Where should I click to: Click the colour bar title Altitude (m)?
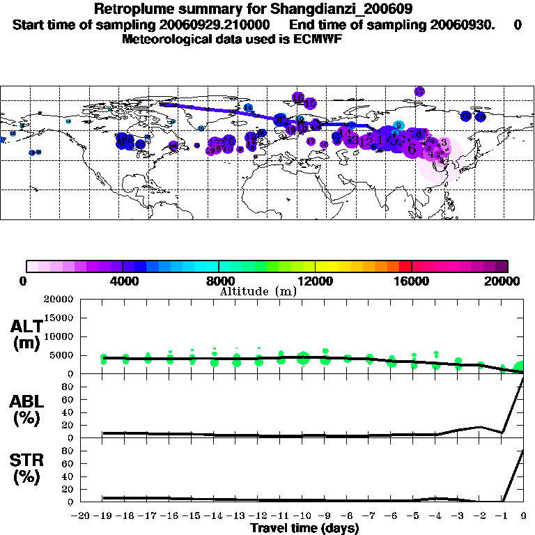(x=258, y=291)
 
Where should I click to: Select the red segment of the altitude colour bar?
(x=405, y=266)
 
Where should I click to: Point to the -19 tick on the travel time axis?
(x=102, y=516)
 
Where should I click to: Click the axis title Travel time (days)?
(x=304, y=528)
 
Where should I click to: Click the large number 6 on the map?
(x=412, y=149)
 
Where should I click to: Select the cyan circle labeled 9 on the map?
(x=398, y=125)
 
